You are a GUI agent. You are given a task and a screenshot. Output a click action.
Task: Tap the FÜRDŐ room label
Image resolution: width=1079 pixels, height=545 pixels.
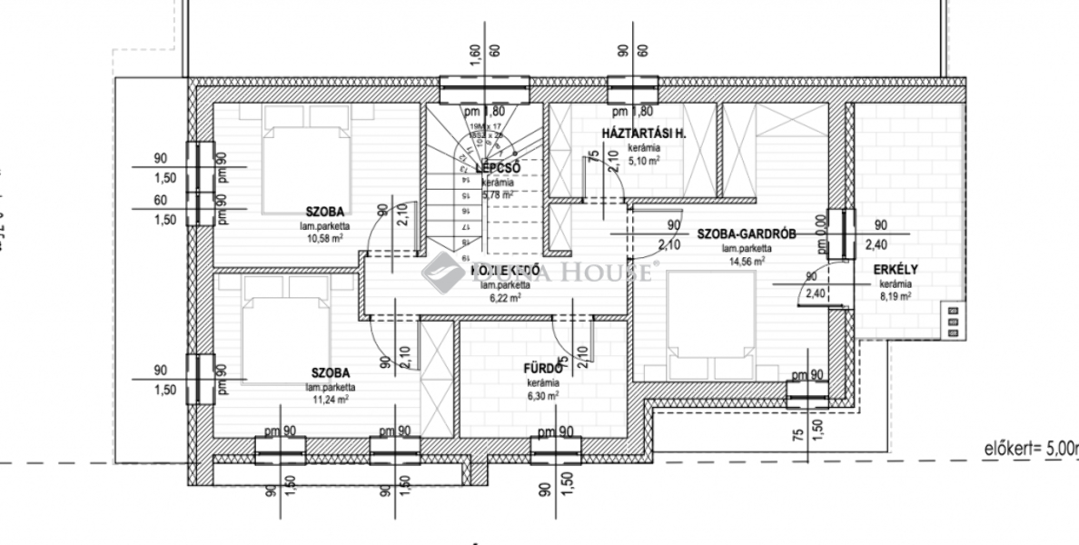(543, 369)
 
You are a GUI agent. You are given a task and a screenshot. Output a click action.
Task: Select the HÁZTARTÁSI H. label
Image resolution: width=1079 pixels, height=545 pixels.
(644, 135)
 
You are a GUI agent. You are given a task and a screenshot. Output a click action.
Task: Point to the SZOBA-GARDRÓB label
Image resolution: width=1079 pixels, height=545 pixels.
(747, 233)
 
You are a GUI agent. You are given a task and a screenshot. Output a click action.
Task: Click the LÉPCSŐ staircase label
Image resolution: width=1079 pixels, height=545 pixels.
(496, 168)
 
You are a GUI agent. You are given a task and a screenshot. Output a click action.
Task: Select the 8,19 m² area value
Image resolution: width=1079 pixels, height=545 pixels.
(896, 296)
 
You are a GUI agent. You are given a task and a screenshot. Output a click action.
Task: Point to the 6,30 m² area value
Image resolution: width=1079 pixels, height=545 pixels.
(542, 396)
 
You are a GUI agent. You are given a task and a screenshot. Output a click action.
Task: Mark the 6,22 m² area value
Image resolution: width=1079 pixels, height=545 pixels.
(505, 297)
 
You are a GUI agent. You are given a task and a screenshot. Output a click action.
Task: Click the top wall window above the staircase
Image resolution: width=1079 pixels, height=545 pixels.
(483, 89)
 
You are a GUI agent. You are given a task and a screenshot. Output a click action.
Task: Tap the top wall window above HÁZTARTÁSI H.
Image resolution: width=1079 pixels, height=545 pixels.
(633, 89)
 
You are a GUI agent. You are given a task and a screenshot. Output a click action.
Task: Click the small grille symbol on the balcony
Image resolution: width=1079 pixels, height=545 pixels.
(953, 322)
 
